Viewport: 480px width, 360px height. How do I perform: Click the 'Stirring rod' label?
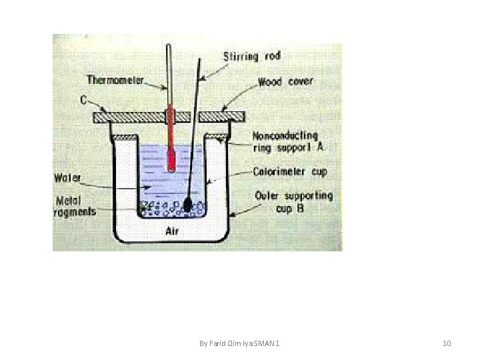253,56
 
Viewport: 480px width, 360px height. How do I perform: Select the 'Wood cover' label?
285,82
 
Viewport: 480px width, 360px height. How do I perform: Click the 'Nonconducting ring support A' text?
285,142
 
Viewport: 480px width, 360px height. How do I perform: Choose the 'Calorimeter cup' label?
290,171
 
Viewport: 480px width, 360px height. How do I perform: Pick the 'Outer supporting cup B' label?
293,201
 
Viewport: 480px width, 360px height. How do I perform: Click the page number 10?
447,343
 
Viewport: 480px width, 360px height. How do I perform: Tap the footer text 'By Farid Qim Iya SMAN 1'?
240,343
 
